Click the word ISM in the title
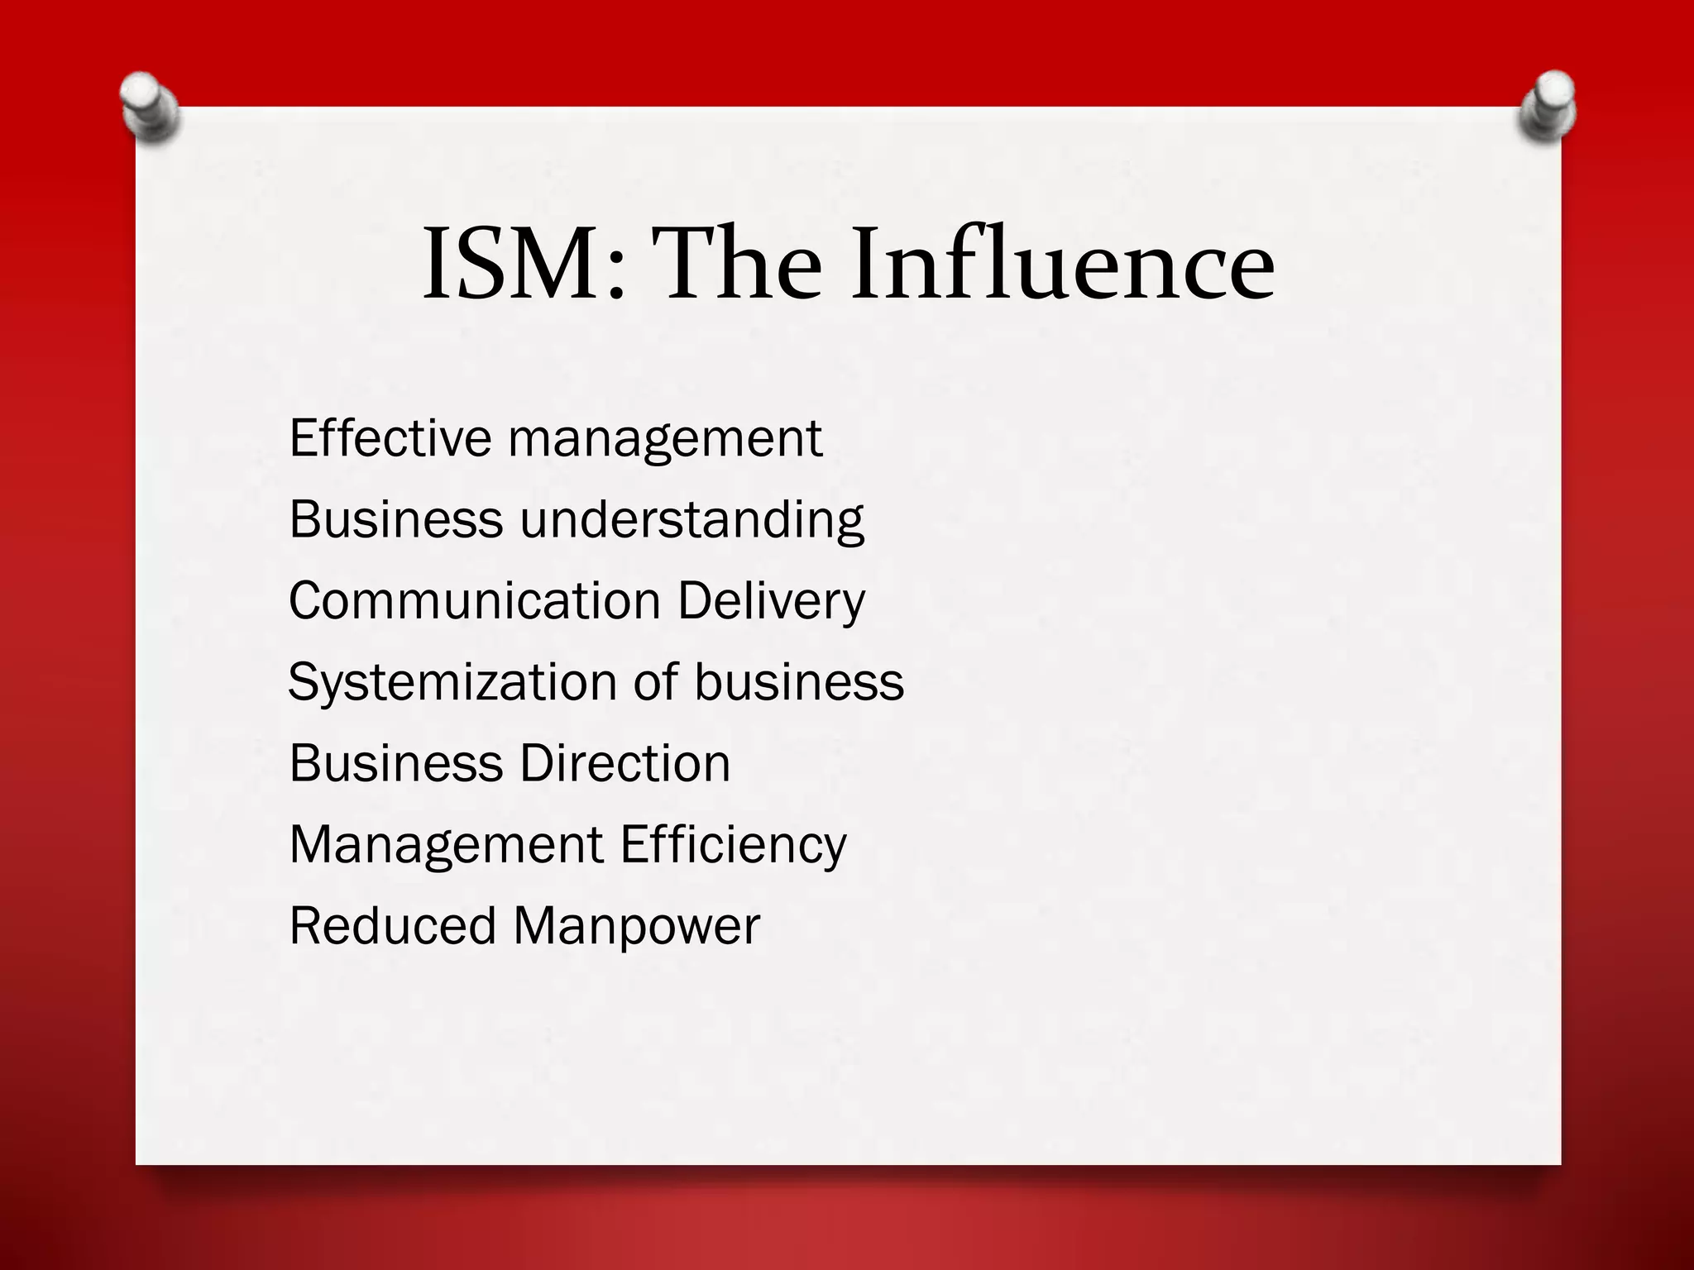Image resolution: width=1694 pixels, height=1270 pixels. (x=522, y=264)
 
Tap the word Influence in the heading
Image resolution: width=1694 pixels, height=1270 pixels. (x=1064, y=264)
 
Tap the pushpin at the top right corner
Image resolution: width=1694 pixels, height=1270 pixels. (x=1547, y=107)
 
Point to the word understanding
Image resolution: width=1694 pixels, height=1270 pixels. (x=691, y=520)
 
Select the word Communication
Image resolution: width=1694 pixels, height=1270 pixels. (x=475, y=600)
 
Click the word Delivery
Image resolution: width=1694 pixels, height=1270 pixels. (x=772, y=602)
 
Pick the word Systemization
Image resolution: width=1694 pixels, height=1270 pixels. (x=452, y=683)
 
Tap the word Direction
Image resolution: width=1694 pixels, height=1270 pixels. (x=625, y=762)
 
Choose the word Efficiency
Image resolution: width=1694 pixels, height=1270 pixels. (x=734, y=845)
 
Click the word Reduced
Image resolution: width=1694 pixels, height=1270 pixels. (x=393, y=925)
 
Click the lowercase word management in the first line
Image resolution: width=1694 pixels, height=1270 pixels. (x=665, y=439)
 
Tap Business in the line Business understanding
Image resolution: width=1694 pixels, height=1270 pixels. (x=396, y=519)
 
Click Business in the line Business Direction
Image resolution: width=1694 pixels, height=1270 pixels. (x=396, y=762)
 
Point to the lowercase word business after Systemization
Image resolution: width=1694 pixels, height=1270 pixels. (x=799, y=681)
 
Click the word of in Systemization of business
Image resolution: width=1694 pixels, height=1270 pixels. (x=655, y=681)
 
